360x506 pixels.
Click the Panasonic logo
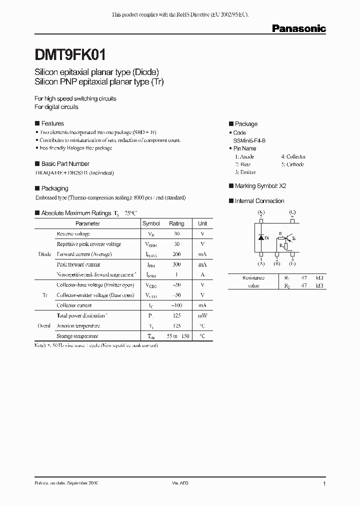tap(298, 28)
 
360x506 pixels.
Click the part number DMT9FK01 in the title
tap(69, 54)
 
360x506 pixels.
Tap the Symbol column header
tap(151, 223)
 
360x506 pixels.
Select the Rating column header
tap(176, 223)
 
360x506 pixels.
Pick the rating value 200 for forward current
tap(176, 254)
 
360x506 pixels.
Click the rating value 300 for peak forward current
tap(176, 264)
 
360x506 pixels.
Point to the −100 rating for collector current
tap(176, 305)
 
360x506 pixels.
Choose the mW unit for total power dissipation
tap(202, 315)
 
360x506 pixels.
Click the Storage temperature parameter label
tap(77, 336)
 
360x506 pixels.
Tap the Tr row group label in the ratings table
tap(44, 295)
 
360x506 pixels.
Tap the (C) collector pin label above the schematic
tap(292, 212)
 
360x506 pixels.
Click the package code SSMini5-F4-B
tap(249, 141)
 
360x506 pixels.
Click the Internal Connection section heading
tap(259, 200)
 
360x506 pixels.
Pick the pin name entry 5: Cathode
tap(292, 164)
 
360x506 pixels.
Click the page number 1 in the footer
tap(324, 483)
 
